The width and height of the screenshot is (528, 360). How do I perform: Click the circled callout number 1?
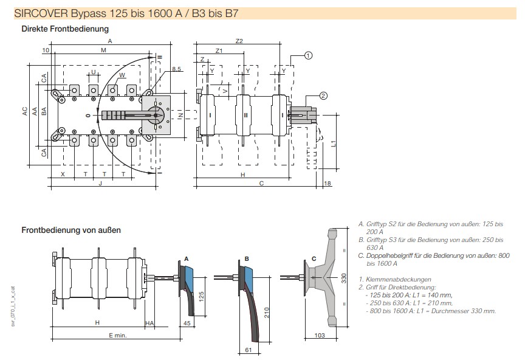(x=308, y=55)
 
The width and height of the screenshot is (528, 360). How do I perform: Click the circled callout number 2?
(x=323, y=95)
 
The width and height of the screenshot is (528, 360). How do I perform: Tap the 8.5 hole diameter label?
(x=176, y=69)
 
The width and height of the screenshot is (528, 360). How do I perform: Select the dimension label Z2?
(x=239, y=41)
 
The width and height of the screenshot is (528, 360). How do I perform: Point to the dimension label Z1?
(x=219, y=50)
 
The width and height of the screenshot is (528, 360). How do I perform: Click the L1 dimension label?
(x=333, y=144)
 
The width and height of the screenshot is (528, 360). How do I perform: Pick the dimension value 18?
(x=327, y=184)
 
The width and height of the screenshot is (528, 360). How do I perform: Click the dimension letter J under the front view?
(x=100, y=184)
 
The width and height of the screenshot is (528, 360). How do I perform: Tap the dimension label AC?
(x=25, y=111)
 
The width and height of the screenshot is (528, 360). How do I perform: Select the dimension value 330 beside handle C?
(x=344, y=279)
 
